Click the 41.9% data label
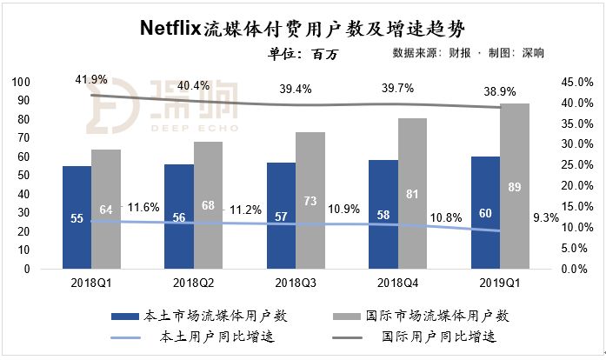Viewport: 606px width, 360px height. click(x=91, y=79)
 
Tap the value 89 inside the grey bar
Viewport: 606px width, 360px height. click(x=515, y=187)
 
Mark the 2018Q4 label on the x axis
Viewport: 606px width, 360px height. click(x=397, y=283)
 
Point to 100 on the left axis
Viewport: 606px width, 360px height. click(x=21, y=82)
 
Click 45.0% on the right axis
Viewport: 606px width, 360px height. click(x=574, y=82)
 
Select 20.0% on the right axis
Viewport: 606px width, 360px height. click(x=574, y=186)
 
